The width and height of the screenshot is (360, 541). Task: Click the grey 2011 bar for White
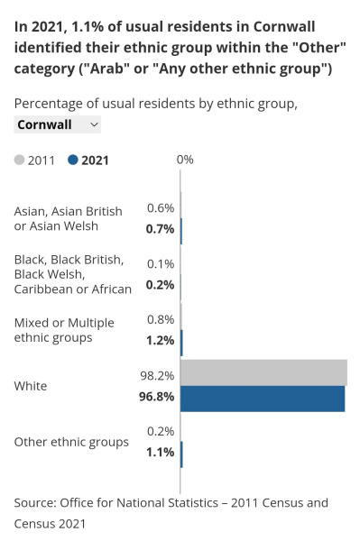[263, 372]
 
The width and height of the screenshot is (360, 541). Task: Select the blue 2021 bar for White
[263, 399]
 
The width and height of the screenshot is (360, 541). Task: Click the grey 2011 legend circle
[20, 160]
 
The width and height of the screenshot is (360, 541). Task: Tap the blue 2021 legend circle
[73, 160]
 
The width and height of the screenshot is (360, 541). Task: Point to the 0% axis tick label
[185, 160]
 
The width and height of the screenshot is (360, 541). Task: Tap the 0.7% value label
[160, 229]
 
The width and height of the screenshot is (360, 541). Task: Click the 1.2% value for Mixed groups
[160, 340]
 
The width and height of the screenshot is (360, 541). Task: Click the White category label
[31, 386]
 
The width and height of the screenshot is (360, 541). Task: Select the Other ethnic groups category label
[71, 442]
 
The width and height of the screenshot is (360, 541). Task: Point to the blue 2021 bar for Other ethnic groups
[181, 454]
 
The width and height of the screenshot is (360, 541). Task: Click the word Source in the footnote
[34, 502]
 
